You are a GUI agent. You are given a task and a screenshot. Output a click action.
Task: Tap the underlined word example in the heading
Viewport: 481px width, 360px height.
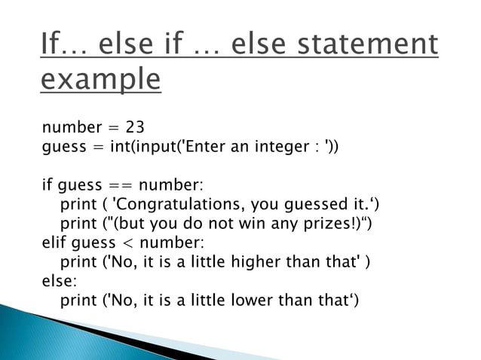point(100,79)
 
